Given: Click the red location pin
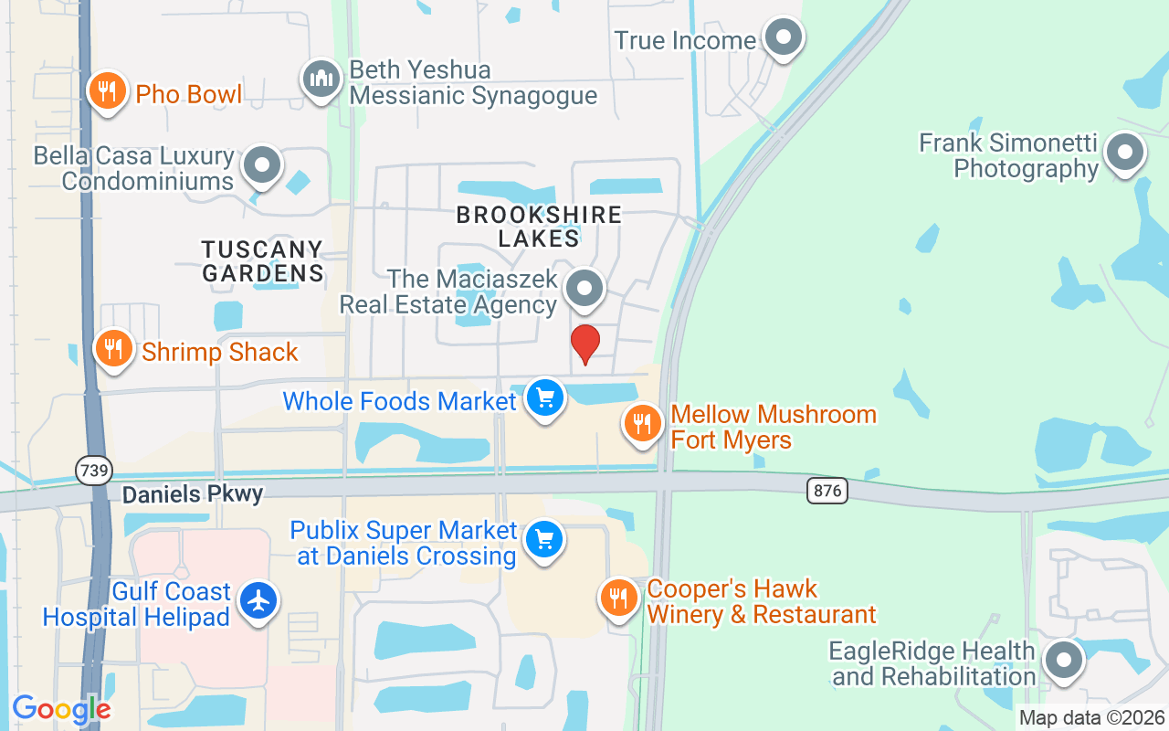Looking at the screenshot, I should [584, 343].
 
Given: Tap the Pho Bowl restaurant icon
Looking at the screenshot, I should [108, 91].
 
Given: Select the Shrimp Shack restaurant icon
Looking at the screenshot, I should [114, 349].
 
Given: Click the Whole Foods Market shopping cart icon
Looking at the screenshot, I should [545, 398].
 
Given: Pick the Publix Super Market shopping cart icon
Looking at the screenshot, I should [545, 541].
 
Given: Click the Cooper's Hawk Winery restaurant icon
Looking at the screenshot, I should [619, 599].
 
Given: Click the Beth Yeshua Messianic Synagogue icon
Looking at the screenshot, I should [321, 79].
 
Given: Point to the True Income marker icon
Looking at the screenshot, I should [783, 38].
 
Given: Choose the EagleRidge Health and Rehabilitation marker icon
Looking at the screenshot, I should [1063, 661].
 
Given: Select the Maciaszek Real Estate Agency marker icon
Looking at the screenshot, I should [584, 289].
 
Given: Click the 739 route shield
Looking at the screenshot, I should [93, 471].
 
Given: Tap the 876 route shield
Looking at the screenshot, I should [827, 491].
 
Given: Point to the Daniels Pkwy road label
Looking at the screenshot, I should [193, 494].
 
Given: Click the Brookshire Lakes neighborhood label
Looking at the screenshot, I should [539, 227].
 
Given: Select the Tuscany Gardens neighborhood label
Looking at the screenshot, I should [262, 260].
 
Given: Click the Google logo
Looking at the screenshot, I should [62, 709].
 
